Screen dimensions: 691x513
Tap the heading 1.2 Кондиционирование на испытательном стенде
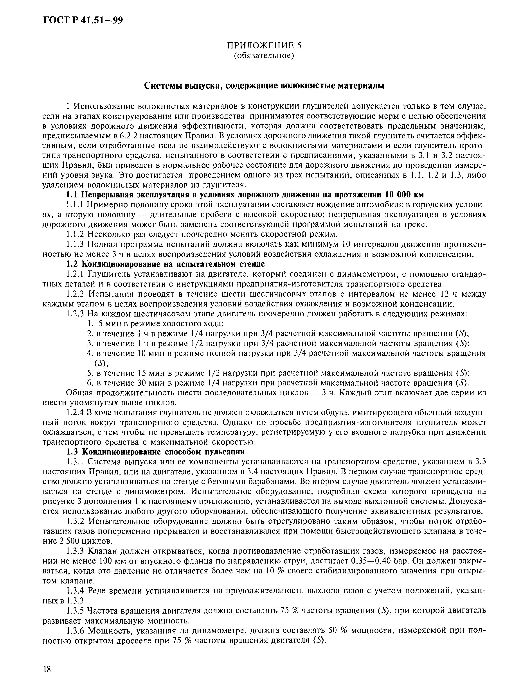pyautogui.click(x=166, y=264)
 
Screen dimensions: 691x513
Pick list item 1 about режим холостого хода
pyautogui.click(x=155, y=324)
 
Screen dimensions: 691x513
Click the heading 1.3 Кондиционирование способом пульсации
pyautogui.click(x=156, y=451)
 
